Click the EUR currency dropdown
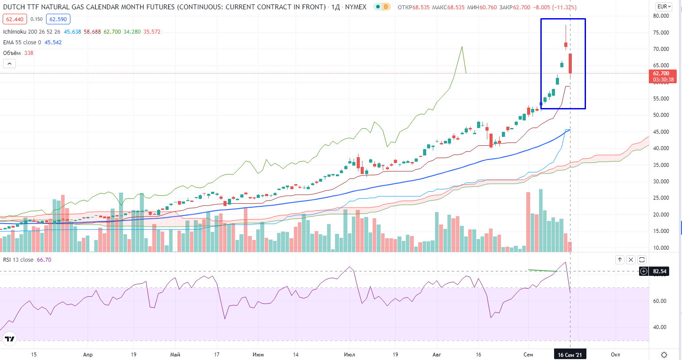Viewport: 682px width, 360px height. coord(664,7)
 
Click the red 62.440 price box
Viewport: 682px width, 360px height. coord(15,19)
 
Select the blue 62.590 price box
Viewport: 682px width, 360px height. coord(58,19)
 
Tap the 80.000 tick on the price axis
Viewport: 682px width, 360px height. coord(661,16)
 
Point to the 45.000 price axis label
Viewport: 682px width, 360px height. coord(661,132)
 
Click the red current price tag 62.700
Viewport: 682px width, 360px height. coord(662,74)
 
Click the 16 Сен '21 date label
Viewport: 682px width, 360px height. coord(570,355)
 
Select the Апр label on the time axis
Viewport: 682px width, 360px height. coord(88,355)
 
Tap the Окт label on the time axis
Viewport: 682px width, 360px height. coord(615,355)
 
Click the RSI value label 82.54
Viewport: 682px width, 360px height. coord(659,271)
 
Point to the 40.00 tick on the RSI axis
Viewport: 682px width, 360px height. coord(659,327)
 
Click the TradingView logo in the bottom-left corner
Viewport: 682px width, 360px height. coord(9,340)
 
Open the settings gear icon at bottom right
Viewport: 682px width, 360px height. coord(664,355)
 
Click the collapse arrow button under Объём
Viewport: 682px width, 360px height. coord(9,64)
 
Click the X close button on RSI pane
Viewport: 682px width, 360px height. coord(631,260)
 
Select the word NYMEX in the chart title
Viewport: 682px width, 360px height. coord(355,7)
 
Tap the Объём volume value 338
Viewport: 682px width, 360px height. coord(29,53)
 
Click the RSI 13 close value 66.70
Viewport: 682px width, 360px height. coord(44,260)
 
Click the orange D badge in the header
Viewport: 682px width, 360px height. coord(385,7)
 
